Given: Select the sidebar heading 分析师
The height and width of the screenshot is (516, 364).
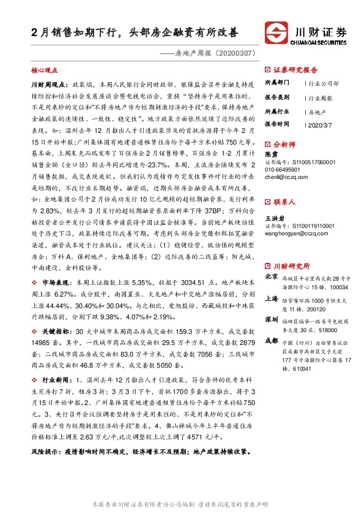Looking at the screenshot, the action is tap(284, 145).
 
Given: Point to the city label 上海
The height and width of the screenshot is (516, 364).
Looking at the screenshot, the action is tap(272, 298).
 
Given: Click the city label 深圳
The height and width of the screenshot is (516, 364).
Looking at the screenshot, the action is tap(272, 320).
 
